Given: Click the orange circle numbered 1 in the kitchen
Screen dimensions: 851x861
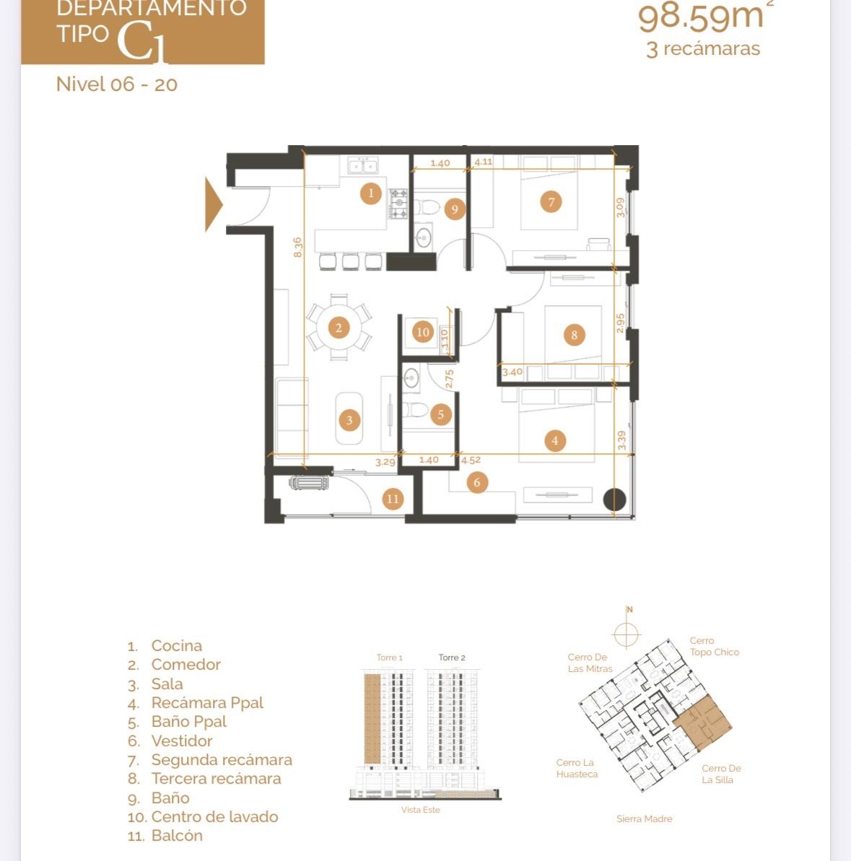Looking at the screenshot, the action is [370, 193].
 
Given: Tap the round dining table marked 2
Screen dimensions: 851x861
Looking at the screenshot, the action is [339, 328].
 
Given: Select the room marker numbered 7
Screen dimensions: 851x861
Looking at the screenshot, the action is [551, 202].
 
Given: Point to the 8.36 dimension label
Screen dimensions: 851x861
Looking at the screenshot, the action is [297, 247].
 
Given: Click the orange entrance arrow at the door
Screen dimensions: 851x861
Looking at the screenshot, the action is [214, 204].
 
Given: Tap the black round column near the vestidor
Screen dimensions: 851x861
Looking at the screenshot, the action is [614, 499].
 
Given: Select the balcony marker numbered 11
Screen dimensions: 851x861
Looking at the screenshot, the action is [393, 499].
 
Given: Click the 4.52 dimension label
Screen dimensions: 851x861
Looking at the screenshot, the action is [471, 460].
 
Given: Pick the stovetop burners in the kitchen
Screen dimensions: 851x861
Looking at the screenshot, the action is [398, 204].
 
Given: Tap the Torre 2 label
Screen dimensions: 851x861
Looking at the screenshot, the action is [452, 657].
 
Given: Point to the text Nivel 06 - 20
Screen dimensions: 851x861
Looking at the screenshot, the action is [117, 84].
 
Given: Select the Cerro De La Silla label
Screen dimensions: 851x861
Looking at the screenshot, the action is [721, 774].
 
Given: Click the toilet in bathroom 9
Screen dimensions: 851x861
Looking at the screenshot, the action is [427, 208].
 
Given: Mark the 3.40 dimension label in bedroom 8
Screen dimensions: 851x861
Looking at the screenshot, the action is [512, 372].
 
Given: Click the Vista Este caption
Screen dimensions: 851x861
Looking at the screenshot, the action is [421, 809].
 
